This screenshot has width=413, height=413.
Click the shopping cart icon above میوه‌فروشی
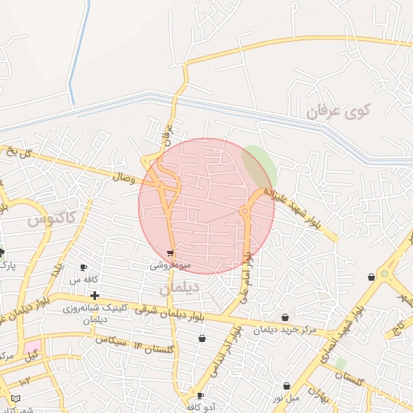pyautogui.click(x=169, y=252)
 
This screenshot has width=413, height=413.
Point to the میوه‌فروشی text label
pyautogui.click(x=170, y=264)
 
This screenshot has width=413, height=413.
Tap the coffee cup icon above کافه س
pyautogui.click(x=83, y=268)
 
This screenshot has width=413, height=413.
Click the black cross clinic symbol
pyautogui.click(x=95, y=295)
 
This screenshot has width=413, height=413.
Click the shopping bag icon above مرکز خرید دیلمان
pyautogui.click(x=286, y=318)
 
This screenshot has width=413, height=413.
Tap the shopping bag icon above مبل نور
pyautogui.click(x=287, y=386)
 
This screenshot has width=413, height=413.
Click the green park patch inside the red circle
pyautogui.click(x=259, y=166)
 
